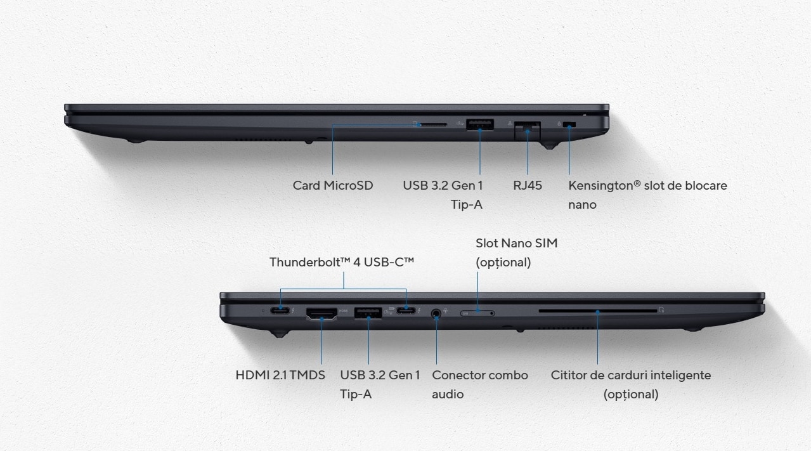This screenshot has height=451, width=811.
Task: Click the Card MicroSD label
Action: (333, 185)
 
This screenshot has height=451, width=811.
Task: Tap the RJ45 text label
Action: (528, 185)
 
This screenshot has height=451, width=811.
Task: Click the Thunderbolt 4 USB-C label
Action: (341, 262)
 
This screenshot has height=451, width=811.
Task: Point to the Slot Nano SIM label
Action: (517, 243)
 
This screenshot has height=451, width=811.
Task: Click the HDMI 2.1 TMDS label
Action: (280, 375)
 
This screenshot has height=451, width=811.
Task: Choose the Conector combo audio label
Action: (480, 384)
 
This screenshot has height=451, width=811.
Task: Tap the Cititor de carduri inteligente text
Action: (631, 375)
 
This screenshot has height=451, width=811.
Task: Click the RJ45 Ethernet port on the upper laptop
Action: (528, 131)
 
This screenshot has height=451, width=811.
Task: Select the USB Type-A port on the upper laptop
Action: (480, 124)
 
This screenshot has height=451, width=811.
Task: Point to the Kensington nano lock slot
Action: (569, 125)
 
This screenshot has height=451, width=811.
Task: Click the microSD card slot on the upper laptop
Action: (433, 124)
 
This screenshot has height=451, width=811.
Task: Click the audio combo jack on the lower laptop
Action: (436, 313)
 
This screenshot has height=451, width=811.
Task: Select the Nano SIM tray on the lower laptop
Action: (477, 313)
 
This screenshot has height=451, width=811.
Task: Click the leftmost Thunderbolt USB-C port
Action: (280, 310)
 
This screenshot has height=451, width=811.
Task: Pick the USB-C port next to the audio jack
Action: (406, 310)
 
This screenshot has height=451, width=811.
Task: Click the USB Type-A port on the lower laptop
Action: (368, 313)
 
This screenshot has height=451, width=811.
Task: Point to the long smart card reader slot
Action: (598, 311)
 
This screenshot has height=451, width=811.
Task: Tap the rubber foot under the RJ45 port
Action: (550, 145)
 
